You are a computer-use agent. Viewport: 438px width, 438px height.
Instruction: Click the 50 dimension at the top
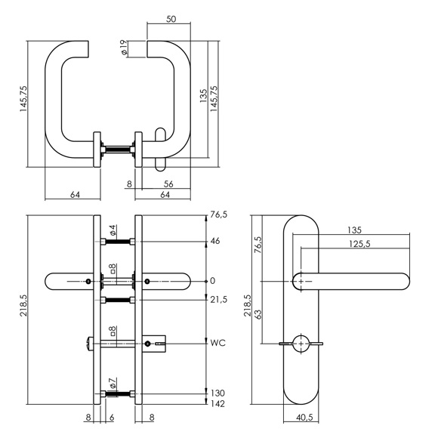tap(171, 19)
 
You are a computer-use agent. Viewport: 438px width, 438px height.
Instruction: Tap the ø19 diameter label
tap(123, 47)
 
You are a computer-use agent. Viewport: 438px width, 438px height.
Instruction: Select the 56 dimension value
tap(168, 184)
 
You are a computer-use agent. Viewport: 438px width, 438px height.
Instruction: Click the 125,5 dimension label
tap(359, 244)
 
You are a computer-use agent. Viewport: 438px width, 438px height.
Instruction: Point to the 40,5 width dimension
tap(304, 418)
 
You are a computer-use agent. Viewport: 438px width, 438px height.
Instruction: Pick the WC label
tap(218, 343)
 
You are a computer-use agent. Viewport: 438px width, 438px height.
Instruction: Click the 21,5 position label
tap(219, 300)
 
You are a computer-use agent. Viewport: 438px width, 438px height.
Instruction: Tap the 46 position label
tap(215, 241)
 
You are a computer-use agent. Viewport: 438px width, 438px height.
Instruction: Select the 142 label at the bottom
tap(217, 404)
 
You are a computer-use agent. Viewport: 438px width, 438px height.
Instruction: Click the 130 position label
tap(217, 393)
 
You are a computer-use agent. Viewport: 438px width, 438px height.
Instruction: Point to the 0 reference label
tap(213, 281)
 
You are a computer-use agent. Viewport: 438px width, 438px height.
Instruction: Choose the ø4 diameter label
tap(113, 230)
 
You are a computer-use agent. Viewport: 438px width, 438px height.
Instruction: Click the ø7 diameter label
tap(113, 383)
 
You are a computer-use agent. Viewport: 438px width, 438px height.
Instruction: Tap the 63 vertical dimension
tap(258, 315)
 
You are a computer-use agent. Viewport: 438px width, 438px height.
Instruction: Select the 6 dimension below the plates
tap(112, 418)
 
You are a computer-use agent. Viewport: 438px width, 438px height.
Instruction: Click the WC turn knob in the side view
tap(301, 344)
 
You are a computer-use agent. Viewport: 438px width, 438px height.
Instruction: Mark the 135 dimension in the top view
tap(203, 96)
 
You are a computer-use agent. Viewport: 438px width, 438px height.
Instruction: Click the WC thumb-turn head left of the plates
tap(89, 344)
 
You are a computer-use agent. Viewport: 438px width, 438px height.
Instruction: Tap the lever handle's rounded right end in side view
tap(405, 281)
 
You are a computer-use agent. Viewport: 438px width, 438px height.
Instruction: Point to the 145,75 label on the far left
tap(23, 99)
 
